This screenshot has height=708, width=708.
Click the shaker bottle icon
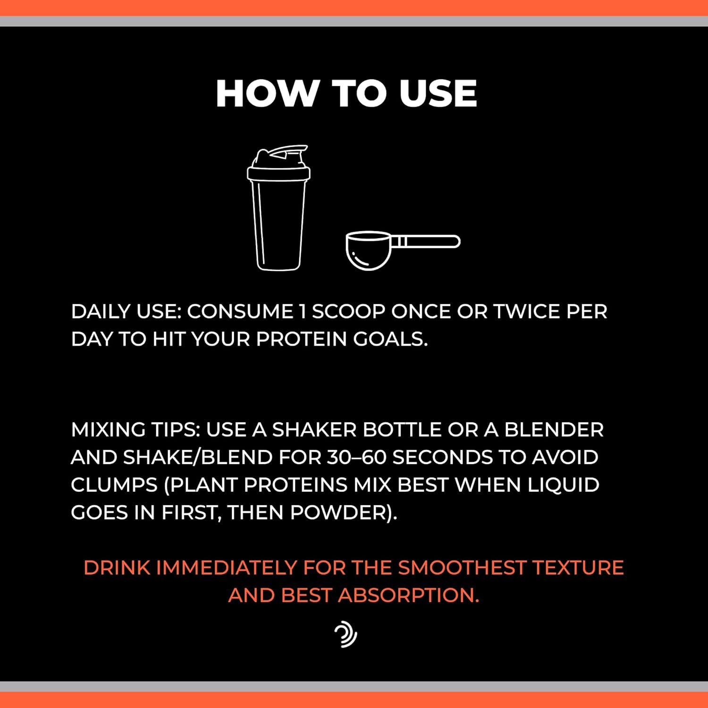(278, 208)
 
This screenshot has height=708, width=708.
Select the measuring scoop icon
(403, 250)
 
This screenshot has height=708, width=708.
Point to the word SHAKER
(314, 430)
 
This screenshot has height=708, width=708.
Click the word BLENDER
(554, 430)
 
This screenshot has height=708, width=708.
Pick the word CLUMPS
(114, 485)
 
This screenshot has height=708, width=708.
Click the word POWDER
(338, 513)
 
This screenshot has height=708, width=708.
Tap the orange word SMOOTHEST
(462, 568)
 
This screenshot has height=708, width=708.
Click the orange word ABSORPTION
(409, 595)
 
